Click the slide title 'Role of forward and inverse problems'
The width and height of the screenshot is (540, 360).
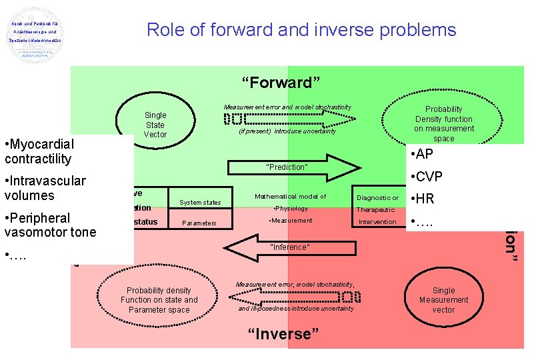(301, 30)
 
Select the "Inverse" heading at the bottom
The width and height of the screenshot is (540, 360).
(279, 333)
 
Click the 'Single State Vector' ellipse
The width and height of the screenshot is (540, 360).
(155, 125)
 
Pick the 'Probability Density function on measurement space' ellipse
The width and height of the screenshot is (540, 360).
(443, 123)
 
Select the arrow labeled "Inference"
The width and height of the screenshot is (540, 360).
(288, 247)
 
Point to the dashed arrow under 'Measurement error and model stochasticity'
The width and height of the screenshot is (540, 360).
(289, 119)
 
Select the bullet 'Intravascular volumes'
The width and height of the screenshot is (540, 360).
(45, 188)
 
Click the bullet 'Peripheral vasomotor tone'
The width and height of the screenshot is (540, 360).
(50, 225)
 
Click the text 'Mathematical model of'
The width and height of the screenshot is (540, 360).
(290, 197)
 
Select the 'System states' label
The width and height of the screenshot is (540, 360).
(201, 203)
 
